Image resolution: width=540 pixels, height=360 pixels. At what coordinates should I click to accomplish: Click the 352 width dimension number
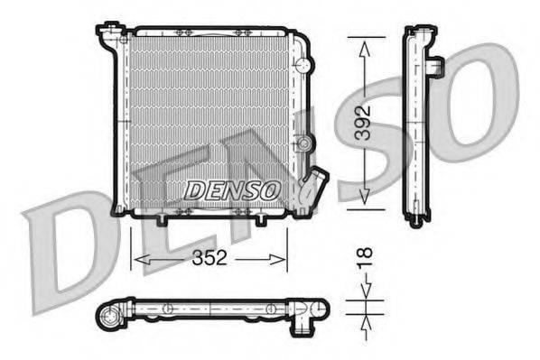coord(209,257)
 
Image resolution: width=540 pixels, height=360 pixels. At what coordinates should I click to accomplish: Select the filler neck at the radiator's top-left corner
coord(110,36)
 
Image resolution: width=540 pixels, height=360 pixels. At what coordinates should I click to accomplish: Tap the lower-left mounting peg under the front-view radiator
coord(162,220)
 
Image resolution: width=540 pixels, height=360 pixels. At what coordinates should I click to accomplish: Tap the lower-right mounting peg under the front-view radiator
coord(261,220)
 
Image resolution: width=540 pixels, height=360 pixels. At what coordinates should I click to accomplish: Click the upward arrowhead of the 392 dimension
coord(363,51)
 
